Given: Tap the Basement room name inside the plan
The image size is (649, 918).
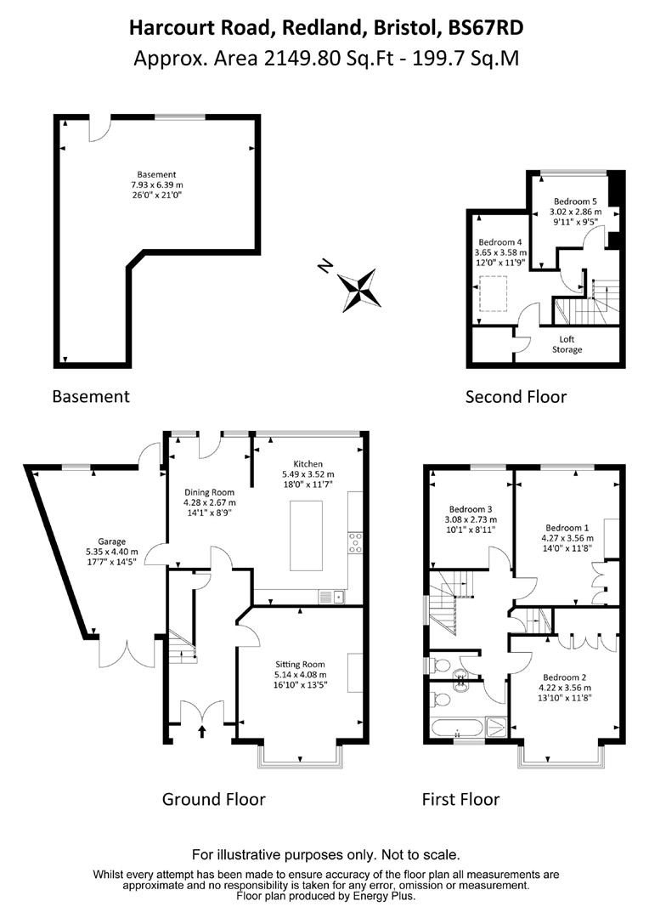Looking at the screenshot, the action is (156, 174).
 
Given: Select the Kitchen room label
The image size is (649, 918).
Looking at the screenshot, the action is (308, 464).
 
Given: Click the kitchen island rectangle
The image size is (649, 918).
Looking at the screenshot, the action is (306, 535).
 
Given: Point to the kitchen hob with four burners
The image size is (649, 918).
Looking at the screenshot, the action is (355, 542).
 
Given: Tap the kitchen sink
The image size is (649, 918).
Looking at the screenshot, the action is (332, 598).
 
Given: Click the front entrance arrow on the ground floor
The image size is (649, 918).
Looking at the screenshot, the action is (202, 731).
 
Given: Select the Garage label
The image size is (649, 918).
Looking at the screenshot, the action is (112, 541).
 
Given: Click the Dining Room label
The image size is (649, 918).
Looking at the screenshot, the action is (210, 492).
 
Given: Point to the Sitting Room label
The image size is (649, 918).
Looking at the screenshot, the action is (300, 665).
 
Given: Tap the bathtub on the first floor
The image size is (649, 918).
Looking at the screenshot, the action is (457, 728).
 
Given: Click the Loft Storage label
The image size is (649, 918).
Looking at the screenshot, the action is (567, 344).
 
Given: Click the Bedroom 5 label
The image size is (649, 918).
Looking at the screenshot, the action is (575, 201).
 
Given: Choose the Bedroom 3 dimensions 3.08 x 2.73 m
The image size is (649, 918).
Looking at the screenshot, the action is (471, 519).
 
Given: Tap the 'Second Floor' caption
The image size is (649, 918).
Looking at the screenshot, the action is (516, 397).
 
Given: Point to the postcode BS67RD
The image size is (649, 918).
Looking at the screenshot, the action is (485, 27).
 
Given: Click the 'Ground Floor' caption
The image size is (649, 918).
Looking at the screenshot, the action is (213, 799).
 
